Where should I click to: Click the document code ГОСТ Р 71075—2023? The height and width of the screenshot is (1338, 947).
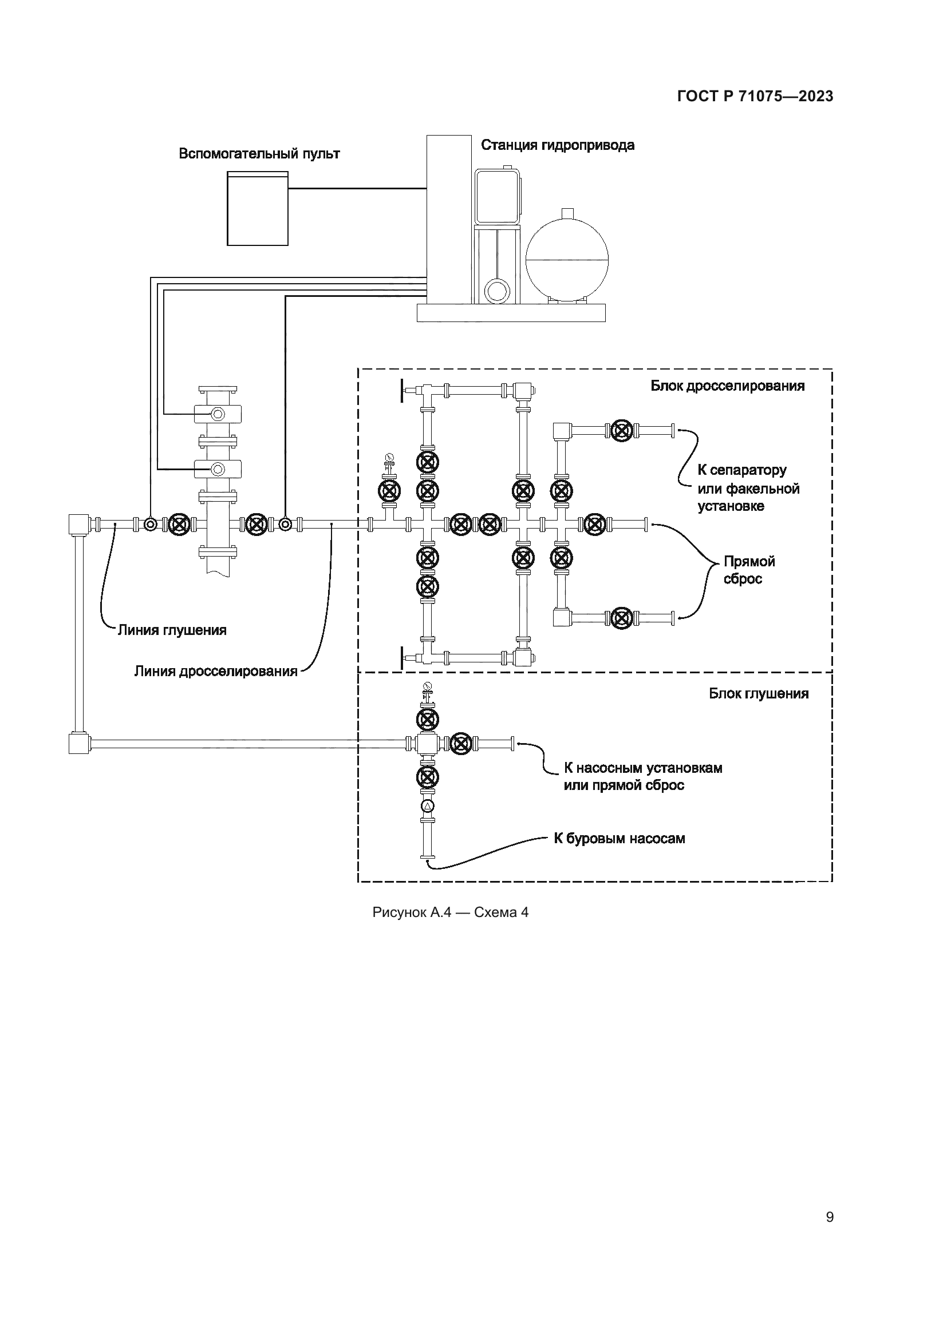pyautogui.click(x=755, y=96)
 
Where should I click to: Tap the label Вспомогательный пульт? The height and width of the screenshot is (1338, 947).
pyautogui.click(x=259, y=154)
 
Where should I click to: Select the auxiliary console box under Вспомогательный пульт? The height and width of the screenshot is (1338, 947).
pyautogui.click(x=258, y=209)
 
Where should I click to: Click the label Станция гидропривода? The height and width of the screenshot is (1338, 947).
pyautogui.click(x=558, y=145)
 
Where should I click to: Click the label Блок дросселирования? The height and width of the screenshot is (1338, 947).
pyautogui.click(x=728, y=386)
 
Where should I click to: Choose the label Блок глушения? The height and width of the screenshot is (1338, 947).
pyautogui.click(x=759, y=693)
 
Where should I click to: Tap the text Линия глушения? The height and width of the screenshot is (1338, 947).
pyautogui.click(x=172, y=630)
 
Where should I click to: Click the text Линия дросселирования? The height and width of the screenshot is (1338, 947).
pyautogui.click(x=216, y=672)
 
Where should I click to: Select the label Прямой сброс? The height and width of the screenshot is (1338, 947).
pyautogui.click(x=749, y=570)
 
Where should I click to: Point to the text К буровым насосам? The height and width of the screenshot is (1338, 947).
pyautogui.click(x=620, y=839)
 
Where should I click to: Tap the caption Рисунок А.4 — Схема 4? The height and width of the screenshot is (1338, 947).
pyautogui.click(x=450, y=912)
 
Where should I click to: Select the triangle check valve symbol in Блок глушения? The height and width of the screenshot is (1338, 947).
pyautogui.click(x=428, y=807)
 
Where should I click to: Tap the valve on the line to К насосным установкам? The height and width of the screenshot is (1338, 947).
pyautogui.click(x=461, y=743)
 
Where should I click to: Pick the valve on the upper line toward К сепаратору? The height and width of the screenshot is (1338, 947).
pyautogui.click(x=622, y=431)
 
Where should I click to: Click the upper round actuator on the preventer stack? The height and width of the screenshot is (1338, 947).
pyautogui.click(x=218, y=414)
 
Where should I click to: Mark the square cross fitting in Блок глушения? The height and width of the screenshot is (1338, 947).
pyautogui.click(x=428, y=743)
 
